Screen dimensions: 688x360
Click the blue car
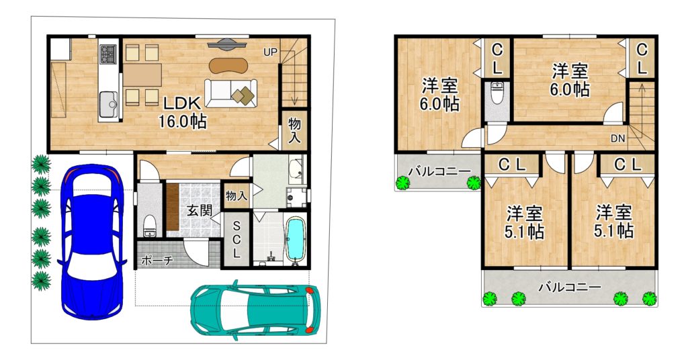pos(91,242)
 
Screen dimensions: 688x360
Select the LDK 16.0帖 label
pos(182,112)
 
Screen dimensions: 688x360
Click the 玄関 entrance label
pos(200,210)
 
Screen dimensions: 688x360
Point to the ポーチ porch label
pos(157,261)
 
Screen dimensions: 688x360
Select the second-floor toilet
pos(497,93)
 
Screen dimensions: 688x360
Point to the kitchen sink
pos(108,104)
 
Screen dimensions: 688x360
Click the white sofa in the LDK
pos(231,93)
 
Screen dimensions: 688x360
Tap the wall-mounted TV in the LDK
pos(227,43)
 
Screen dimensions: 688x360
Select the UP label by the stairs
pos(270,52)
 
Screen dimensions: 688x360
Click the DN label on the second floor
pos(618,139)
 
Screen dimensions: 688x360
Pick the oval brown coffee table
pos(228,65)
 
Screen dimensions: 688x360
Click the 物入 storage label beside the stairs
pos(294,130)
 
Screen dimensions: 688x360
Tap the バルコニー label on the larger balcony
pos(570,287)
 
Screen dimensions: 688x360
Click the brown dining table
pos(142,75)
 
